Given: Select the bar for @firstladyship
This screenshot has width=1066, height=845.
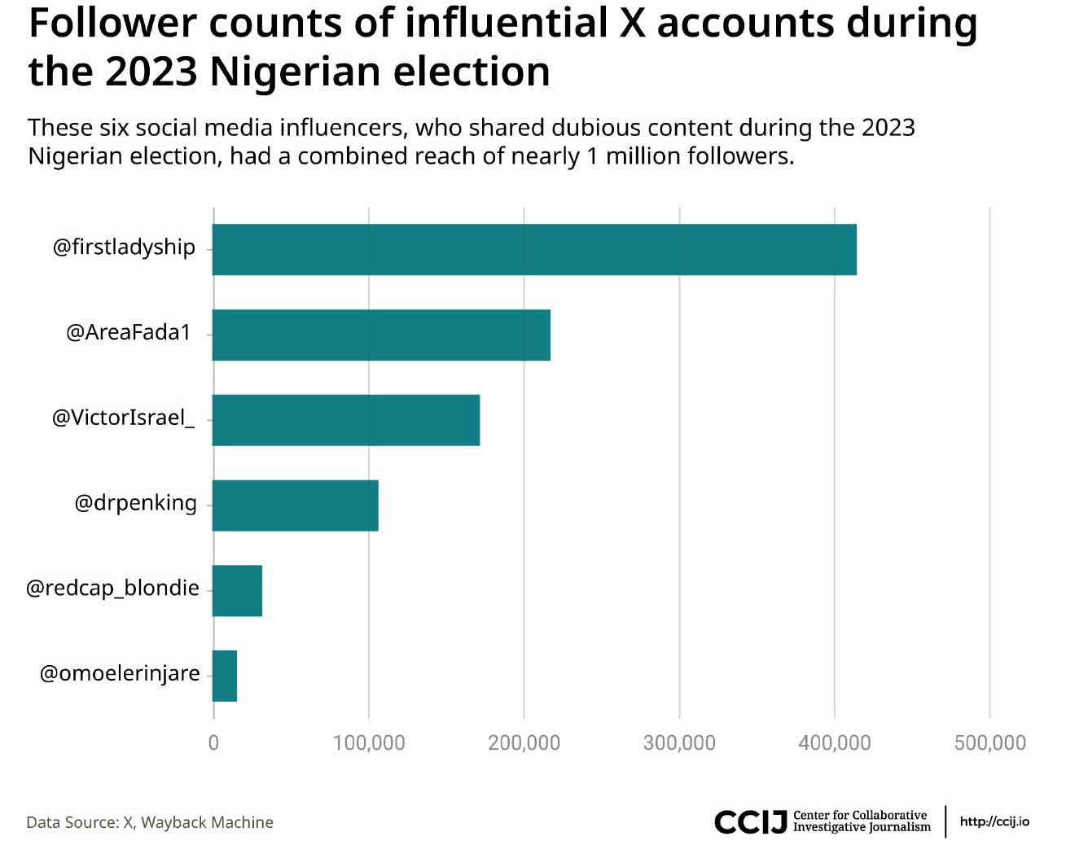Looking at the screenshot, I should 534,249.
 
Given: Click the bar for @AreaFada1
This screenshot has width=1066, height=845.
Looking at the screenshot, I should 381,335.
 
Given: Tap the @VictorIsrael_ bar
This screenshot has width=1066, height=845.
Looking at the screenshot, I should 346,420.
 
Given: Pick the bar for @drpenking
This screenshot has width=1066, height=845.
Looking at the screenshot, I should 295,506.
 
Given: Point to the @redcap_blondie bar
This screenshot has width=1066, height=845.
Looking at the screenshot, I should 237,590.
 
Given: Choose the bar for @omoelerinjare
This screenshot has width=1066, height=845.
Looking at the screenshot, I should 225,676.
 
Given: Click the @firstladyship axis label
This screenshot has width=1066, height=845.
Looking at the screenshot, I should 124,247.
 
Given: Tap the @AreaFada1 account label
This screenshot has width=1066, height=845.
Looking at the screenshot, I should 129,332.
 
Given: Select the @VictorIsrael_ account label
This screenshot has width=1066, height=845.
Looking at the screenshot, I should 123,418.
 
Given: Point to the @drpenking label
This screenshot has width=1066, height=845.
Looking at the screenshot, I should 135,503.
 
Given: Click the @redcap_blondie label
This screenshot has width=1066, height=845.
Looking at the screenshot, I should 112,588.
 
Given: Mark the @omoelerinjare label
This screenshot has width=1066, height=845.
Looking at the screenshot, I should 120,673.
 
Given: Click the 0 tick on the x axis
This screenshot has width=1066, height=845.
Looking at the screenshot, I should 213,742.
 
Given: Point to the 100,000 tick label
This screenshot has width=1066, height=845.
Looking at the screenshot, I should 369,742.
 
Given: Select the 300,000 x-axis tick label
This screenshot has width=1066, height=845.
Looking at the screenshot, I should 679,742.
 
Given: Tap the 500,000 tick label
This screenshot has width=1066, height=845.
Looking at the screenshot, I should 989,742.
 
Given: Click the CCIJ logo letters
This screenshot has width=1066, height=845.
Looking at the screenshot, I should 750,821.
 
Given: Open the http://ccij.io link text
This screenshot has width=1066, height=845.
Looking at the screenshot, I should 994,821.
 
